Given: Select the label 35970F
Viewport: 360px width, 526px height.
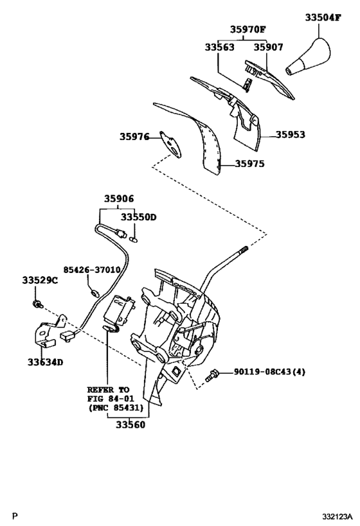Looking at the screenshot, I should [x=248, y=30].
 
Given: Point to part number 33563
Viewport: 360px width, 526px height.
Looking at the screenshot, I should [x=220, y=47].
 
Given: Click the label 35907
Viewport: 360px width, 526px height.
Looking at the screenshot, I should [x=268, y=47].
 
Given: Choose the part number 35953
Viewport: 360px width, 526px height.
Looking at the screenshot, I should [x=291, y=135].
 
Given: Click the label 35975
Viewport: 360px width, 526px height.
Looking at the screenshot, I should [x=249, y=164].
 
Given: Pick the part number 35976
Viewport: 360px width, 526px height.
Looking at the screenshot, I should [x=134, y=137].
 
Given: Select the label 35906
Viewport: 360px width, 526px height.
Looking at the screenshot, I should [x=120, y=199].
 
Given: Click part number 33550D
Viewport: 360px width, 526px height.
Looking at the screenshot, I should [x=139, y=217].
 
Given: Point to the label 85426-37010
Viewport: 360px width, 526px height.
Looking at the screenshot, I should [x=91, y=270].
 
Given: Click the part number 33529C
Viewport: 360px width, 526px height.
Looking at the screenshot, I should [x=40, y=280].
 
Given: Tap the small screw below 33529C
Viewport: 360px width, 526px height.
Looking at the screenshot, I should [x=38, y=302].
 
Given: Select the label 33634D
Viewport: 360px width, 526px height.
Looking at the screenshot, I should [x=45, y=362].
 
